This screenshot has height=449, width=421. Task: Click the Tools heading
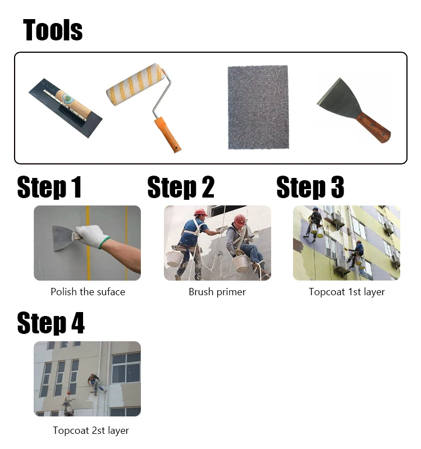pyautogui.click(x=53, y=30)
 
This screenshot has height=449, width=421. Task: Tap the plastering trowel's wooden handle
pyautogui.click(x=74, y=105)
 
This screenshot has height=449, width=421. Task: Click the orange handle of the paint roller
pyautogui.click(x=167, y=134)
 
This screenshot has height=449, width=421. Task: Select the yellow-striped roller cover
pyautogui.click(x=135, y=85)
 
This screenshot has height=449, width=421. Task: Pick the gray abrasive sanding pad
pyautogui.click(x=258, y=107)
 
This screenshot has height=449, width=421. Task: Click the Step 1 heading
pyautogui.click(x=49, y=187)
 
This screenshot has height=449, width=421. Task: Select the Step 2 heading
pyautogui.click(x=181, y=187)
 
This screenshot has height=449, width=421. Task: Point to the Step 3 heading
pyautogui.click(x=310, y=187)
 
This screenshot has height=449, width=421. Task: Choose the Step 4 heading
pyautogui.click(x=51, y=323)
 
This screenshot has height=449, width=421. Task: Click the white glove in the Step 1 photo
pyautogui.click(x=91, y=236)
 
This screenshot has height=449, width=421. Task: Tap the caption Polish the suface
pyautogui.click(x=88, y=292)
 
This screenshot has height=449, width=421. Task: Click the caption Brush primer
pyautogui.click(x=217, y=292)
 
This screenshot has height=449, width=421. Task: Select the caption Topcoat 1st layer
pyautogui.click(x=346, y=292)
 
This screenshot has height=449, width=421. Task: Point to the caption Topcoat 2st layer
pyautogui.click(x=91, y=430)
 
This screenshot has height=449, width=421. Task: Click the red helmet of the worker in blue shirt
pyautogui.click(x=200, y=213)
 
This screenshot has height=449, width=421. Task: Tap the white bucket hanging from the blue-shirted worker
pyautogui.click(x=174, y=259)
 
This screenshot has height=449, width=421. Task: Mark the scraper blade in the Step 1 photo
pyautogui.click(x=63, y=238)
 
